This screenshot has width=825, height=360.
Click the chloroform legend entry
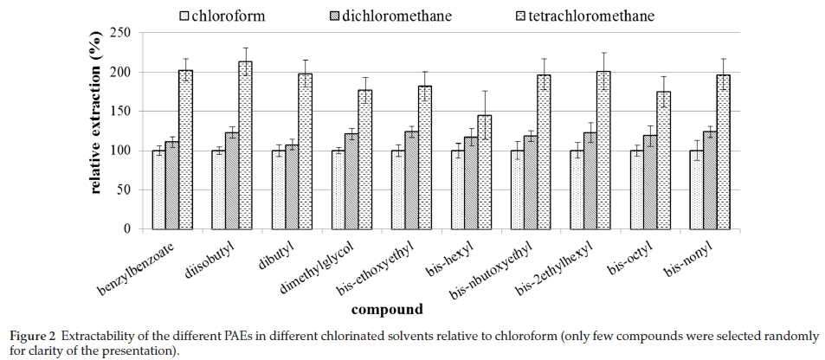[233, 15]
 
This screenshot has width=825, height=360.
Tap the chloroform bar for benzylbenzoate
[158, 190]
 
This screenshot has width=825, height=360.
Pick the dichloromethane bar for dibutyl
[292, 187]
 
